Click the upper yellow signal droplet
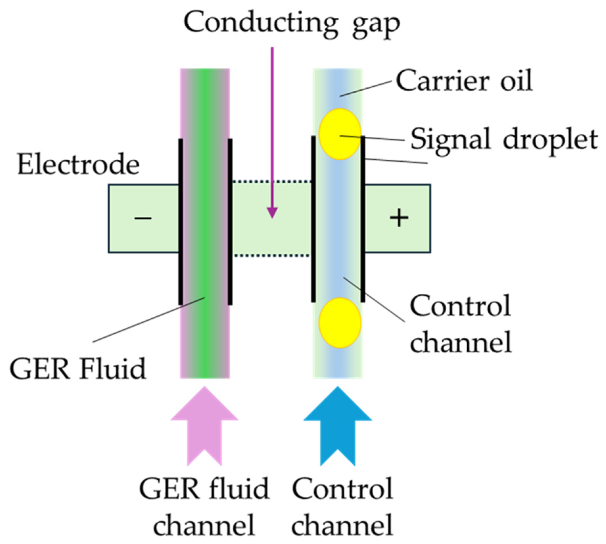(339, 134)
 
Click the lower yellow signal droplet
(339, 323)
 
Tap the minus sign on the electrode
(143, 218)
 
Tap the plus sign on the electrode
(399, 218)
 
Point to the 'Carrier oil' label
(463, 80)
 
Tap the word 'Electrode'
(78, 164)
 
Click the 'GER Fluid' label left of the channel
(78, 369)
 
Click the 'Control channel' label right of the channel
(460, 324)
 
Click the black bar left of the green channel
(180, 222)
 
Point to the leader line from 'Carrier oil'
(365, 88)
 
